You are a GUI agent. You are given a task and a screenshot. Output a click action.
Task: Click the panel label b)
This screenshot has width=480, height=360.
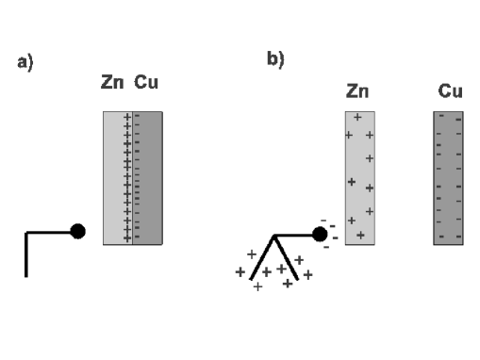click(x=275, y=59)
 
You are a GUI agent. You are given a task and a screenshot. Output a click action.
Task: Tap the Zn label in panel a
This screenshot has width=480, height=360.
click(x=112, y=84)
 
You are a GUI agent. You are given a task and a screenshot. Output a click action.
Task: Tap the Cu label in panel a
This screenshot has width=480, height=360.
click(x=146, y=84)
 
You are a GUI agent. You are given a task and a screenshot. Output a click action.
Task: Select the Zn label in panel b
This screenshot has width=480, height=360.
click(x=357, y=91)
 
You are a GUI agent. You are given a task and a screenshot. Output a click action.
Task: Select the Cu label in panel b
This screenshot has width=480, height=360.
click(x=449, y=91)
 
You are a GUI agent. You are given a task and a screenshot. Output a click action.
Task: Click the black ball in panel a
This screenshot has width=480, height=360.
click(x=78, y=232)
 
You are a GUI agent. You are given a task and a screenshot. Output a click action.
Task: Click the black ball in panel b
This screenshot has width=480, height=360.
click(x=320, y=234)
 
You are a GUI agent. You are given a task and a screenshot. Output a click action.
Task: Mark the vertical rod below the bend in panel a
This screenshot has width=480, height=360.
click(x=26, y=254)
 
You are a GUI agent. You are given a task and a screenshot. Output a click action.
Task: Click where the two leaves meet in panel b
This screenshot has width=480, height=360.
click(x=273, y=235)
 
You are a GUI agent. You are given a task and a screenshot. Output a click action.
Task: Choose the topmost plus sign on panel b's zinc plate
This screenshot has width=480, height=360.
click(x=357, y=118)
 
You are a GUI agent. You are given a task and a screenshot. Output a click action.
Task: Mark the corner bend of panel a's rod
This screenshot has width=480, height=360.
click(x=26, y=232)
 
